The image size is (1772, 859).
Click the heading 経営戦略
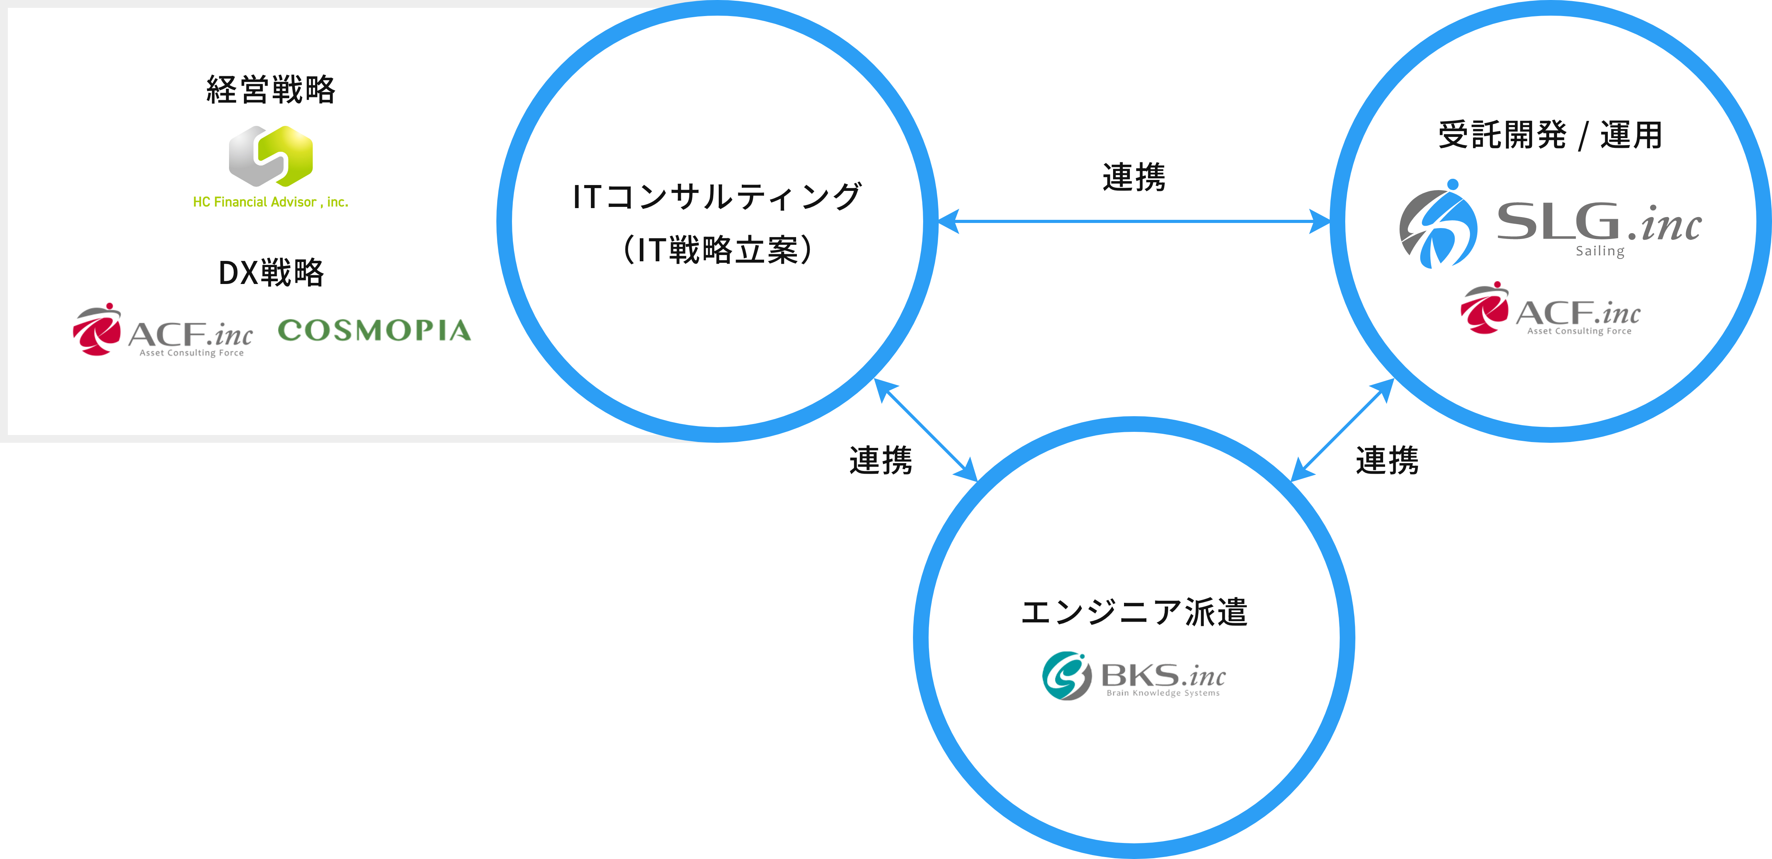[271, 90]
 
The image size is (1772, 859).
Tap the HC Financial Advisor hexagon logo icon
[270, 156]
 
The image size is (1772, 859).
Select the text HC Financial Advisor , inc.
[270, 202]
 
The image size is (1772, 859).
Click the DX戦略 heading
[271, 273]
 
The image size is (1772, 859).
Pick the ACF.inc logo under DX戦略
[163, 331]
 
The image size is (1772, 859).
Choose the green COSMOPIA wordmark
[374, 331]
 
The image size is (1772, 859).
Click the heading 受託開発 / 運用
[1550, 135]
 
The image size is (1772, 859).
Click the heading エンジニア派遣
[1134, 612]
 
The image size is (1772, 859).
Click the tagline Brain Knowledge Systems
[1163, 693]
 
